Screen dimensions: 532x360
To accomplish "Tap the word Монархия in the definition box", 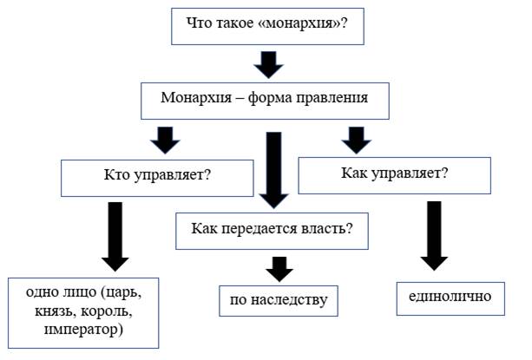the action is (x=196, y=98).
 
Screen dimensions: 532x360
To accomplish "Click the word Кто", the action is (x=117, y=175).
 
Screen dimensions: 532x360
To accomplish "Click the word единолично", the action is (x=450, y=297).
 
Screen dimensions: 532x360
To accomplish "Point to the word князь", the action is (x=56, y=311).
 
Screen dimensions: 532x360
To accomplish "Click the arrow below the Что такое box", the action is (x=268, y=65).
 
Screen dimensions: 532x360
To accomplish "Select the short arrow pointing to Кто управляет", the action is (x=165, y=140).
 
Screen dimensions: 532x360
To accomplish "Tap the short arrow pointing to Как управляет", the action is (x=357, y=140).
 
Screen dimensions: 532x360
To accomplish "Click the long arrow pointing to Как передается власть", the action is (x=273, y=170).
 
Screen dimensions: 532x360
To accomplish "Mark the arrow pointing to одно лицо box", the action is (x=115, y=237).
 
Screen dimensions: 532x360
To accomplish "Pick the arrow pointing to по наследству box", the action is (x=279, y=269).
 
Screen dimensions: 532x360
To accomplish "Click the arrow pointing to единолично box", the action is (x=434, y=236).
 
